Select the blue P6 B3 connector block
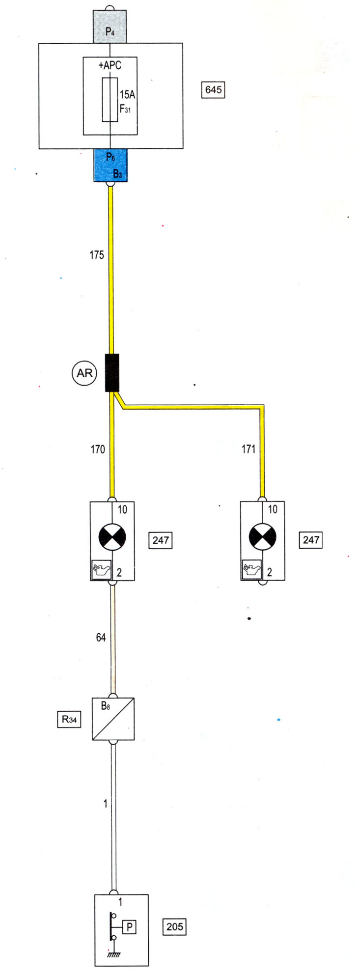tap(111, 165)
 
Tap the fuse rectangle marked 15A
tap(110, 99)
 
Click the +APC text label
tap(110, 65)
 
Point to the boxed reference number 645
tap(213, 90)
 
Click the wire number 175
tap(97, 255)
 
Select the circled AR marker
tap(84, 373)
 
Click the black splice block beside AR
tap(112, 373)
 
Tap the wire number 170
tap(98, 449)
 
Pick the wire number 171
tap(249, 449)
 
